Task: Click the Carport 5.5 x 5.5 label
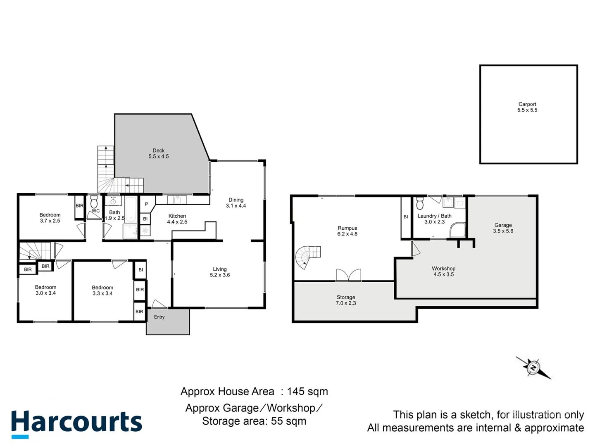[527, 107]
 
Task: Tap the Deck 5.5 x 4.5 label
[159, 154]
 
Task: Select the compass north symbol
[533, 367]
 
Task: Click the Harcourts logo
[76, 423]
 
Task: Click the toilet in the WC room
[94, 202]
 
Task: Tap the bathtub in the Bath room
[131, 209]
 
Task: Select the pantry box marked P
[146, 204]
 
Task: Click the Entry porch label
[159, 317]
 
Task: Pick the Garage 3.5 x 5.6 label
[503, 228]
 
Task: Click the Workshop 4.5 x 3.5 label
[443, 272]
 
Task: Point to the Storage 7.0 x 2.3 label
[346, 300]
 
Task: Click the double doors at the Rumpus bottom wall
[348, 275]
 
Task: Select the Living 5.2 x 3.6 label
[220, 272]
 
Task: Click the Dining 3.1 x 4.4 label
[236, 203]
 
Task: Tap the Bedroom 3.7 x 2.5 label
[50, 218]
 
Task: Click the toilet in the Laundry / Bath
[420, 204]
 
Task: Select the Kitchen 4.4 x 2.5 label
[177, 219]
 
